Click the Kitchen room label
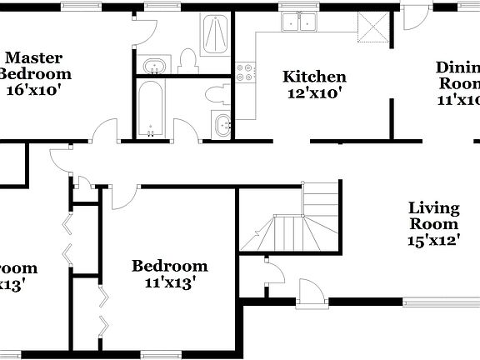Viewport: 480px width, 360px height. pos(313,77)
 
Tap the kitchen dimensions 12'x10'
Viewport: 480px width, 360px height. pos(313,93)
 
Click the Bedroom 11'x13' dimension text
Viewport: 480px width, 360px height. pos(170,283)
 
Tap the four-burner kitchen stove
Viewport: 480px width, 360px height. pos(246,73)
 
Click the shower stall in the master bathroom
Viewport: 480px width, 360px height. pos(215,34)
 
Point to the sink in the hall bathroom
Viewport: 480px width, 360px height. pos(223,126)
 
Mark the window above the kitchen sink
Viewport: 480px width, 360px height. pos(296,6)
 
